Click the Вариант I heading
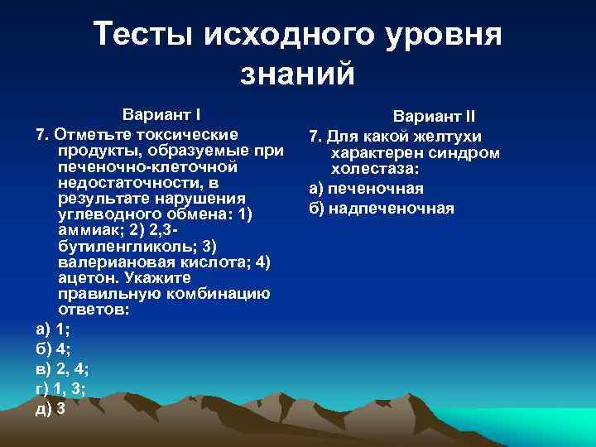pos(162,114)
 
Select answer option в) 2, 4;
pos(63,368)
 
